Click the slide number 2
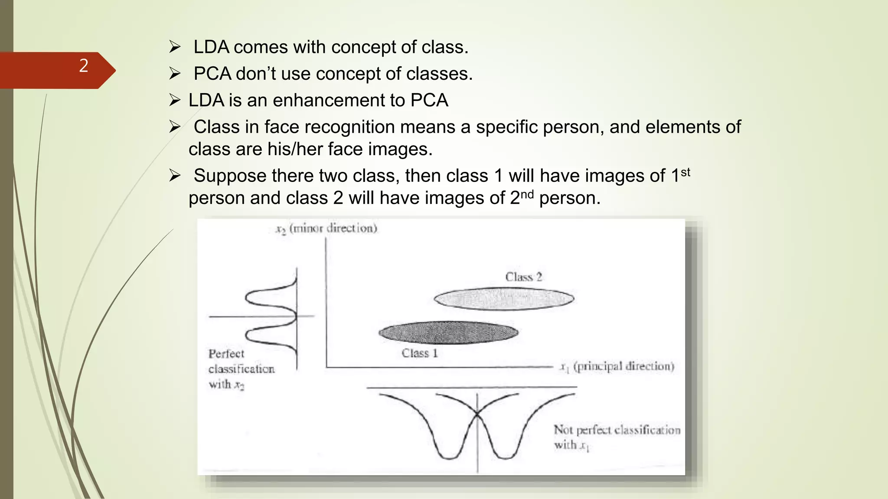tap(84, 66)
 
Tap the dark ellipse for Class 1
tap(448, 333)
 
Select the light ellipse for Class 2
tap(504, 299)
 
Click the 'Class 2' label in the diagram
tap(523, 277)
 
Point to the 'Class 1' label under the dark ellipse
tap(419, 353)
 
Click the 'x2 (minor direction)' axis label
tap(326, 228)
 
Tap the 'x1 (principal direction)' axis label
tap(617, 367)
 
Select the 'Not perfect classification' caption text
tap(617, 430)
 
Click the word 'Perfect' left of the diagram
tap(226, 354)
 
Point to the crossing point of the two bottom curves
tap(477, 415)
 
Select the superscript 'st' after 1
tap(685, 172)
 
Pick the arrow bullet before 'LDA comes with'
tap(175, 47)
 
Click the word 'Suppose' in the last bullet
tap(230, 176)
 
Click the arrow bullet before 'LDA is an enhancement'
tap(175, 100)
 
